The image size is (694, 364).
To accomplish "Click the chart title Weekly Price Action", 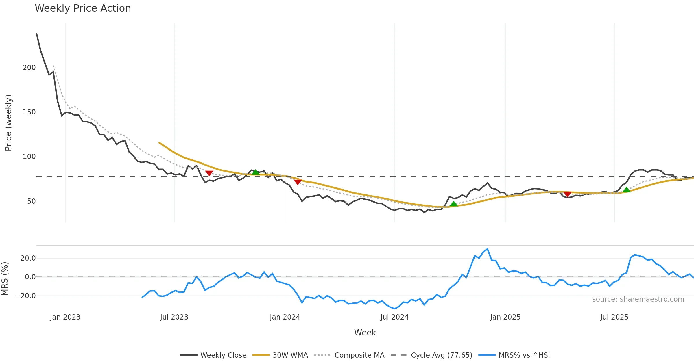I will pos(83,8).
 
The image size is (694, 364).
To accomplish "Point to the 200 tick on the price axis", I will pos(29,68).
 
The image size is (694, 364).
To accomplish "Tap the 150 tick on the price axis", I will pos(29,112).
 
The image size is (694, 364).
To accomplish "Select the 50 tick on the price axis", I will pos(31,201).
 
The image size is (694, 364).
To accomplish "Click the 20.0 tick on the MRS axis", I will pos(28,258).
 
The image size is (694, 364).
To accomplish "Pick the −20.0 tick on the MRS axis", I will pos(25,296).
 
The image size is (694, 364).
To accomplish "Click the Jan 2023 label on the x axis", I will pos(65,317).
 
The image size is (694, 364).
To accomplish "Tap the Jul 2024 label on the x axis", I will pos(394,317).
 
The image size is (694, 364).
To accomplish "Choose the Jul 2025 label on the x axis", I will pos(614,317).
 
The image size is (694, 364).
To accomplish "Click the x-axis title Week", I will pos(365,333).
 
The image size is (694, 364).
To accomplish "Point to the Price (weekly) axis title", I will pos(9,123).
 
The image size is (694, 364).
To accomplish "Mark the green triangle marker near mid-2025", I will pos(626,190).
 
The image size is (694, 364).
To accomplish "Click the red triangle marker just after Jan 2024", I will pos(298,182).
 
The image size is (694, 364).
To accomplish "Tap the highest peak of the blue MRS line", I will pos(488,249).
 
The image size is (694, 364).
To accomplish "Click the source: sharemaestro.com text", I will pos(638,299).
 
